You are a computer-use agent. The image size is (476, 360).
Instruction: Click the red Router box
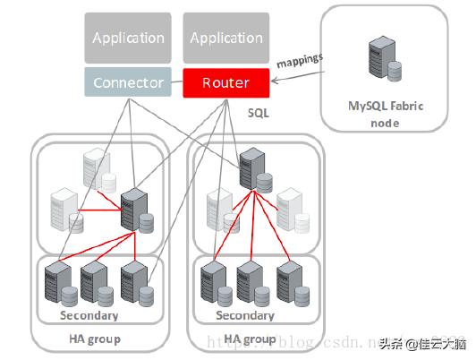[225, 83]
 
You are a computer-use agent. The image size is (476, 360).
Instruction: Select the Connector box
[129, 83]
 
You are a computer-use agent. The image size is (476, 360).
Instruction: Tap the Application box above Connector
[129, 38]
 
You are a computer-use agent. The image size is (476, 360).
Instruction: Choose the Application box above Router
[225, 38]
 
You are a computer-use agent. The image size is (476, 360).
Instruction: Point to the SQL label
[258, 115]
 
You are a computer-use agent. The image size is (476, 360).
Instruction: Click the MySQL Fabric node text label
[385, 115]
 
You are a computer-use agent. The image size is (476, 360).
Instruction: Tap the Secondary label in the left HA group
[89, 315]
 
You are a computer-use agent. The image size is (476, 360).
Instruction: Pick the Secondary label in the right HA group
[245, 315]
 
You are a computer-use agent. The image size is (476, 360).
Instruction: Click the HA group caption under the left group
[94, 339]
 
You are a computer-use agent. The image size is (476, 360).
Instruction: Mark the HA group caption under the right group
[250, 339]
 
